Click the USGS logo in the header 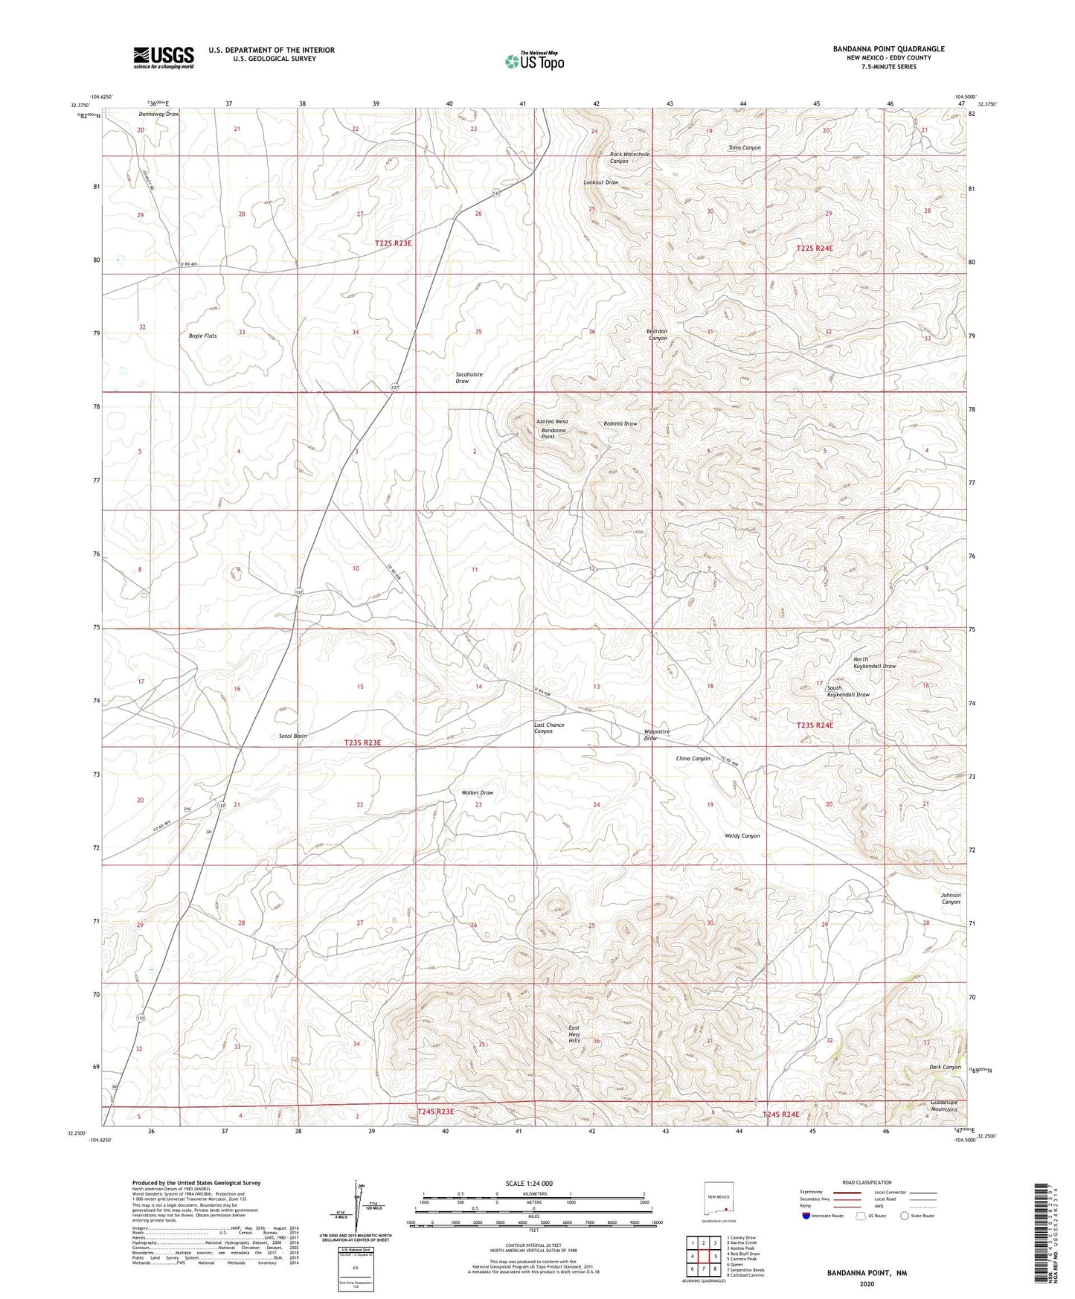coord(164,57)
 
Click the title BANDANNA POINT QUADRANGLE coord(888,49)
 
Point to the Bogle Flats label coord(202,336)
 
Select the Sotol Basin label coord(292,736)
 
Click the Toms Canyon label coord(744,148)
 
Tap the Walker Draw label coord(478,792)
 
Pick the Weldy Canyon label coord(742,835)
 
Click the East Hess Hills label coord(574,1033)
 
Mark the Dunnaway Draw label coord(158,115)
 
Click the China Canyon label coord(693,759)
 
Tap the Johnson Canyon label coord(951,899)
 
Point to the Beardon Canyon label coord(658,335)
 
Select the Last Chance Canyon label coord(549,728)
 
